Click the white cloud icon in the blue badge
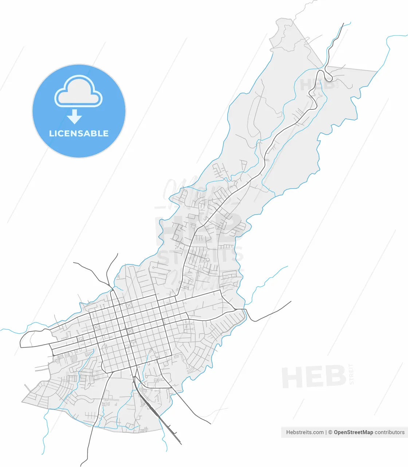tap(79, 92)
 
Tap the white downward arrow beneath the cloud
tap(75, 116)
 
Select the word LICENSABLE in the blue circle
tap(79, 134)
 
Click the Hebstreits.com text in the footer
tap(305, 432)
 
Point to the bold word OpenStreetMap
tap(353, 432)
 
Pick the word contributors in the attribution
tap(389, 432)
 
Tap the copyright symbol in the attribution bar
tap(330, 432)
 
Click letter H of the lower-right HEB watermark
tap(291, 378)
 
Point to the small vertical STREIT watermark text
tap(352, 374)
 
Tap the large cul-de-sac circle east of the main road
tap(207, 259)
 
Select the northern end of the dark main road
tap(344, 24)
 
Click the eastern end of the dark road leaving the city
tap(291, 301)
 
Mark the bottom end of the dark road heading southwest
tap(81, 466)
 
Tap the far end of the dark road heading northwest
tap(74, 263)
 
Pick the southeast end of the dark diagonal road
tap(211, 424)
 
